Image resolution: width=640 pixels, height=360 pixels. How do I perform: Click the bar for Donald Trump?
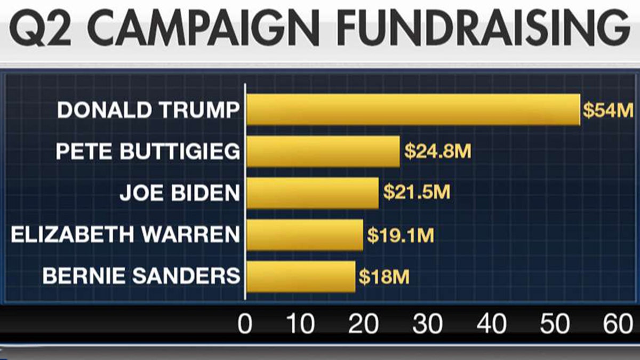[413, 109]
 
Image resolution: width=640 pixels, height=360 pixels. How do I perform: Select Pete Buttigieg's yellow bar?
[323, 151]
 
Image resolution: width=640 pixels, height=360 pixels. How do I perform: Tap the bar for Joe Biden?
[312, 193]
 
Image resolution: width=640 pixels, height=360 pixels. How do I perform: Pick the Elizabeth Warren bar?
[305, 235]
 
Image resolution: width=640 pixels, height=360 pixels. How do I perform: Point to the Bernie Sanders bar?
[300, 276]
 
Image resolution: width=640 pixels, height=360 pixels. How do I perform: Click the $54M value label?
[607, 110]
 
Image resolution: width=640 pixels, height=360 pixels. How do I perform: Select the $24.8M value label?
[437, 151]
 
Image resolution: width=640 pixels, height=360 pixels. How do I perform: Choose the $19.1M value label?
[401, 235]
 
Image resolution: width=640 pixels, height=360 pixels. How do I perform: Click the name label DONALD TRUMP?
[148, 110]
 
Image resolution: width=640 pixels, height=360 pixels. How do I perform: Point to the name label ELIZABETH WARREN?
[125, 235]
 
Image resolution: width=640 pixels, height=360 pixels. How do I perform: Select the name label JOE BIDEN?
[180, 193]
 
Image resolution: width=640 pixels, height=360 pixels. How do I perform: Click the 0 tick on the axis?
[245, 324]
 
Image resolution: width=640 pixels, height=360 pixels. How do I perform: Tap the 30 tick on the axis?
[428, 324]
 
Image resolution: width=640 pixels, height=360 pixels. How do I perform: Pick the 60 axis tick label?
[617, 324]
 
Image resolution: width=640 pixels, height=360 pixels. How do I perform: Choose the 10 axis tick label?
[301, 324]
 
